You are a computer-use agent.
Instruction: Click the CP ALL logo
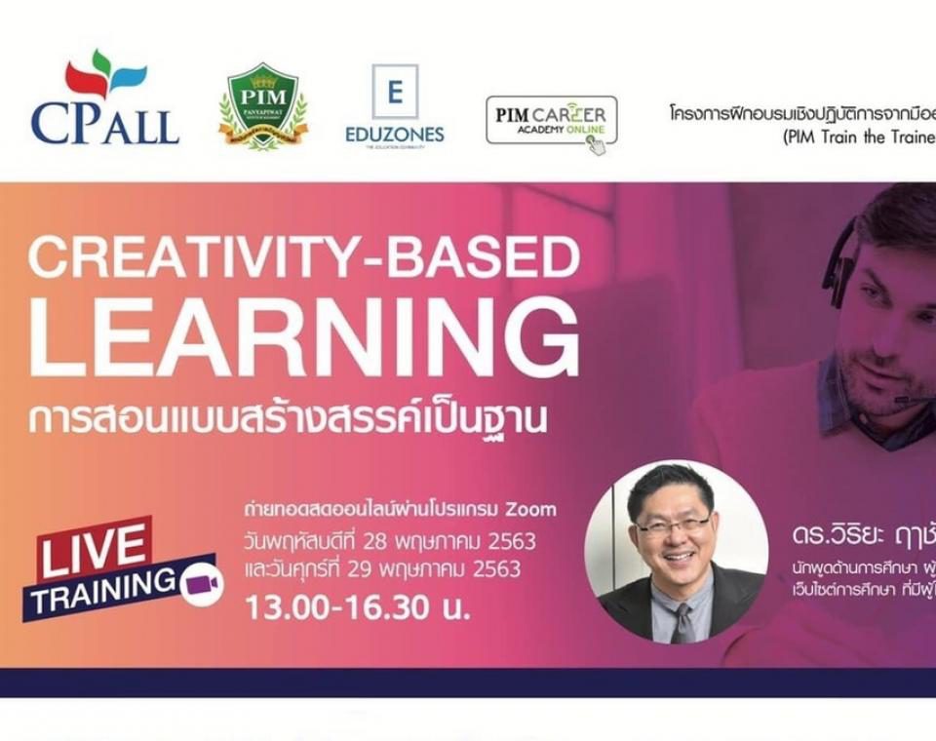click(x=104, y=99)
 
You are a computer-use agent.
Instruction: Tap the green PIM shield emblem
click(x=263, y=106)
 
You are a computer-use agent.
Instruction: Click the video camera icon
click(x=201, y=581)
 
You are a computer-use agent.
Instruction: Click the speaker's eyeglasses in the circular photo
click(x=673, y=526)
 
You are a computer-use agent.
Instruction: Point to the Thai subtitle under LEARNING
click(x=288, y=417)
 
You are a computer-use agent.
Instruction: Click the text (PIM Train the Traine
click(x=859, y=137)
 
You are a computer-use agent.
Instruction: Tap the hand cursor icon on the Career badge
click(x=596, y=145)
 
